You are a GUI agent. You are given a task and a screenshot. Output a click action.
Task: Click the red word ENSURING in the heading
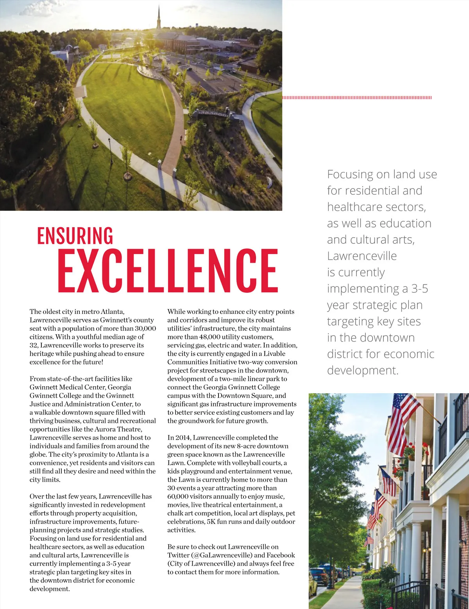(x=75, y=236)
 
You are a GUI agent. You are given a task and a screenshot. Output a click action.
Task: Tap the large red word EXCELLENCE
(x=168, y=271)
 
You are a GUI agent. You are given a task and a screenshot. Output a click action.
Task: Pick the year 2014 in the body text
(x=183, y=438)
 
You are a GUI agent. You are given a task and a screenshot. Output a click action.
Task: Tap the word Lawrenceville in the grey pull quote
(x=362, y=256)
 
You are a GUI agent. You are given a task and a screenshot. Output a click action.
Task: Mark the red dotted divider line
(x=357, y=98)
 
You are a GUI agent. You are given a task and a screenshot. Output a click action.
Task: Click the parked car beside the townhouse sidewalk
(x=319, y=577)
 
